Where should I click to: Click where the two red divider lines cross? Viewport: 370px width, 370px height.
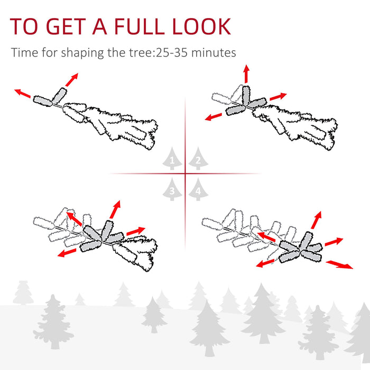(185, 173)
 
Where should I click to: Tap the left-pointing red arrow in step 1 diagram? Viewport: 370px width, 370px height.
(23, 94)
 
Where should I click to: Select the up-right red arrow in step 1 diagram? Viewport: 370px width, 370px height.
(69, 80)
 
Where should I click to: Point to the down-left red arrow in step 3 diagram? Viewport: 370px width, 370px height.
(67, 253)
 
